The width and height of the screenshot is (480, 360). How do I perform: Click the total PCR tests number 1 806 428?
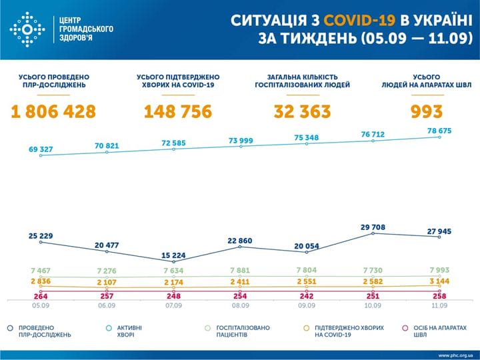(x=53, y=111)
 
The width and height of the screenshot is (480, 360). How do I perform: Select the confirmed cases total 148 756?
(x=178, y=111)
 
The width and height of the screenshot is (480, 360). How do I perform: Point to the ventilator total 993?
(x=427, y=111)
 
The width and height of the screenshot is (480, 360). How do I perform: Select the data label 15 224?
(x=173, y=256)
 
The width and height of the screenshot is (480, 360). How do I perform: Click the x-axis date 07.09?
(x=174, y=306)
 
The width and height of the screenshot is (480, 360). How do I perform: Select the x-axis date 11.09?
(x=439, y=306)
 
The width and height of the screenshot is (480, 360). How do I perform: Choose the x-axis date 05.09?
(x=41, y=306)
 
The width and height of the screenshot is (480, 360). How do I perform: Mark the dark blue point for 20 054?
(x=307, y=252)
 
